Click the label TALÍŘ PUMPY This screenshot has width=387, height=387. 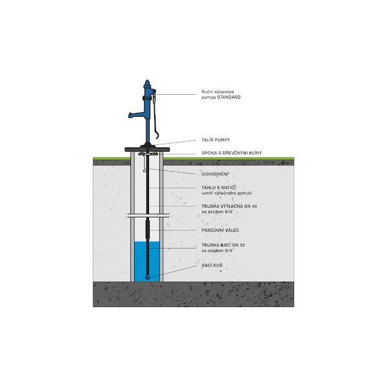pyautogui.click(x=215, y=140)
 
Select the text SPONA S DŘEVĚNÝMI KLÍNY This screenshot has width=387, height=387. pyautogui.click(x=232, y=153)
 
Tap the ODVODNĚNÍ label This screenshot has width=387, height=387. pyautogui.click(x=215, y=174)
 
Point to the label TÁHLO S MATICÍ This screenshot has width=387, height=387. pyautogui.click(x=219, y=188)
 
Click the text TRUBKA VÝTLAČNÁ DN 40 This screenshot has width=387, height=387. pyautogui.click(x=229, y=206)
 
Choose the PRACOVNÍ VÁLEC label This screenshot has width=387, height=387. pyautogui.click(x=220, y=230)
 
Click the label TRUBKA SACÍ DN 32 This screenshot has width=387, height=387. pyautogui.click(x=223, y=245)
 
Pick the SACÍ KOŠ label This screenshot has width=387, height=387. pyautogui.click(x=212, y=265)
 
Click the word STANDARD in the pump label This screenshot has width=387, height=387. pyautogui.click(x=229, y=97)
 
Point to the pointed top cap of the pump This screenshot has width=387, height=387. pyautogui.click(x=147, y=83)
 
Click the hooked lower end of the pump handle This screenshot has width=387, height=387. pyautogui.click(x=157, y=135)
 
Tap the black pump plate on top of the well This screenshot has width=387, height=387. pyautogui.click(x=147, y=150)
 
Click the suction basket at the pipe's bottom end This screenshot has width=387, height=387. pyautogui.click(x=148, y=277)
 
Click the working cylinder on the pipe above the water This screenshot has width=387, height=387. pyautogui.click(x=148, y=230)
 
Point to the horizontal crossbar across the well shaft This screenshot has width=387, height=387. pyautogui.click(x=148, y=215)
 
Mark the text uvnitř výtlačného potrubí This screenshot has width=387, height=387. pyautogui.click(x=226, y=193)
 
